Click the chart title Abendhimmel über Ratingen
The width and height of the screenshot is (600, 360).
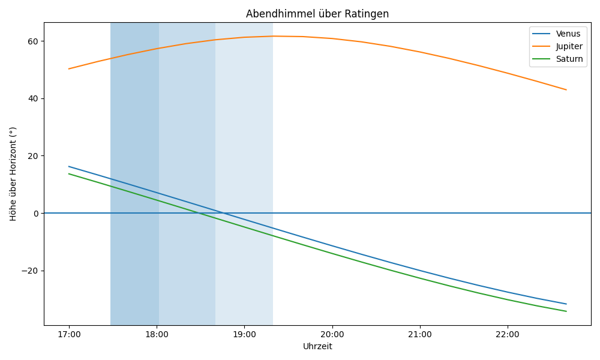pyautogui.click(x=317, y=14)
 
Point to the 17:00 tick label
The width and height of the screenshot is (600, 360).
pyautogui.click(x=69, y=334)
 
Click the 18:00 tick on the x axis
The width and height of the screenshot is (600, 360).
pyautogui.click(x=157, y=334)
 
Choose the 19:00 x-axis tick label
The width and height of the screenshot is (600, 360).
pyautogui.click(x=244, y=334)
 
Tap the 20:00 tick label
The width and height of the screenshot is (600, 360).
pyautogui.click(x=332, y=334)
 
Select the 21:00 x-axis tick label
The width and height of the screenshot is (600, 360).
pyautogui.click(x=419, y=334)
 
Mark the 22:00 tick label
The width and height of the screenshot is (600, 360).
pyautogui.click(x=508, y=334)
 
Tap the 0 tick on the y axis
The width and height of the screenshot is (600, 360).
pyautogui.click(x=35, y=213)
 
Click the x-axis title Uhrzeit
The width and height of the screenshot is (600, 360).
pyautogui.click(x=317, y=346)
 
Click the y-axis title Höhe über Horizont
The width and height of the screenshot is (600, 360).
pyautogui.click(x=13, y=174)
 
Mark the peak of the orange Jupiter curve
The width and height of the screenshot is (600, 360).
pyautogui.click(x=273, y=36)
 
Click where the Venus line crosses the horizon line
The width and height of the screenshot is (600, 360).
pyautogui.click(x=222, y=213)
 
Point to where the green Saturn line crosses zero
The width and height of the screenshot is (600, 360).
pyautogui.click(x=199, y=213)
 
